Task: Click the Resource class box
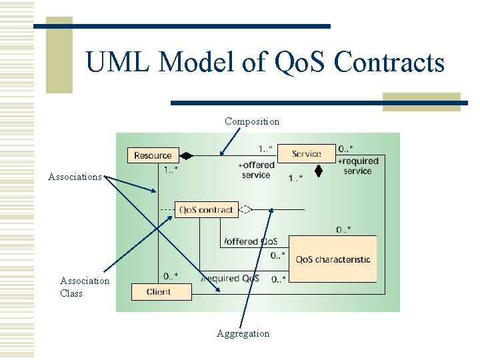(x=153, y=155)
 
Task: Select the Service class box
(x=306, y=154)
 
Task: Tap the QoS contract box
(x=206, y=210)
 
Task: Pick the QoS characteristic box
(x=333, y=259)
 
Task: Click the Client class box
(x=159, y=291)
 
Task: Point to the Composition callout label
(x=252, y=121)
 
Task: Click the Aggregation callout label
(x=243, y=333)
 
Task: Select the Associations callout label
(x=75, y=177)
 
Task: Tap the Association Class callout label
(x=84, y=287)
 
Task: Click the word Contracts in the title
(x=389, y=63)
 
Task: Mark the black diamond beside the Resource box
(x=186, y=156)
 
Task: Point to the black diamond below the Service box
(x=319, y=171)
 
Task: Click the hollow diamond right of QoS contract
(x=246, y=210)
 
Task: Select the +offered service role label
(x=256, y=170)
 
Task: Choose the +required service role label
(x=358, y=165)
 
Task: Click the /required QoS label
(x=230, y=278)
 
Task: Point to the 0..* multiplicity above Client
(x=171, y=276)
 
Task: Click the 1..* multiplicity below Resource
(x=171, y=170)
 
